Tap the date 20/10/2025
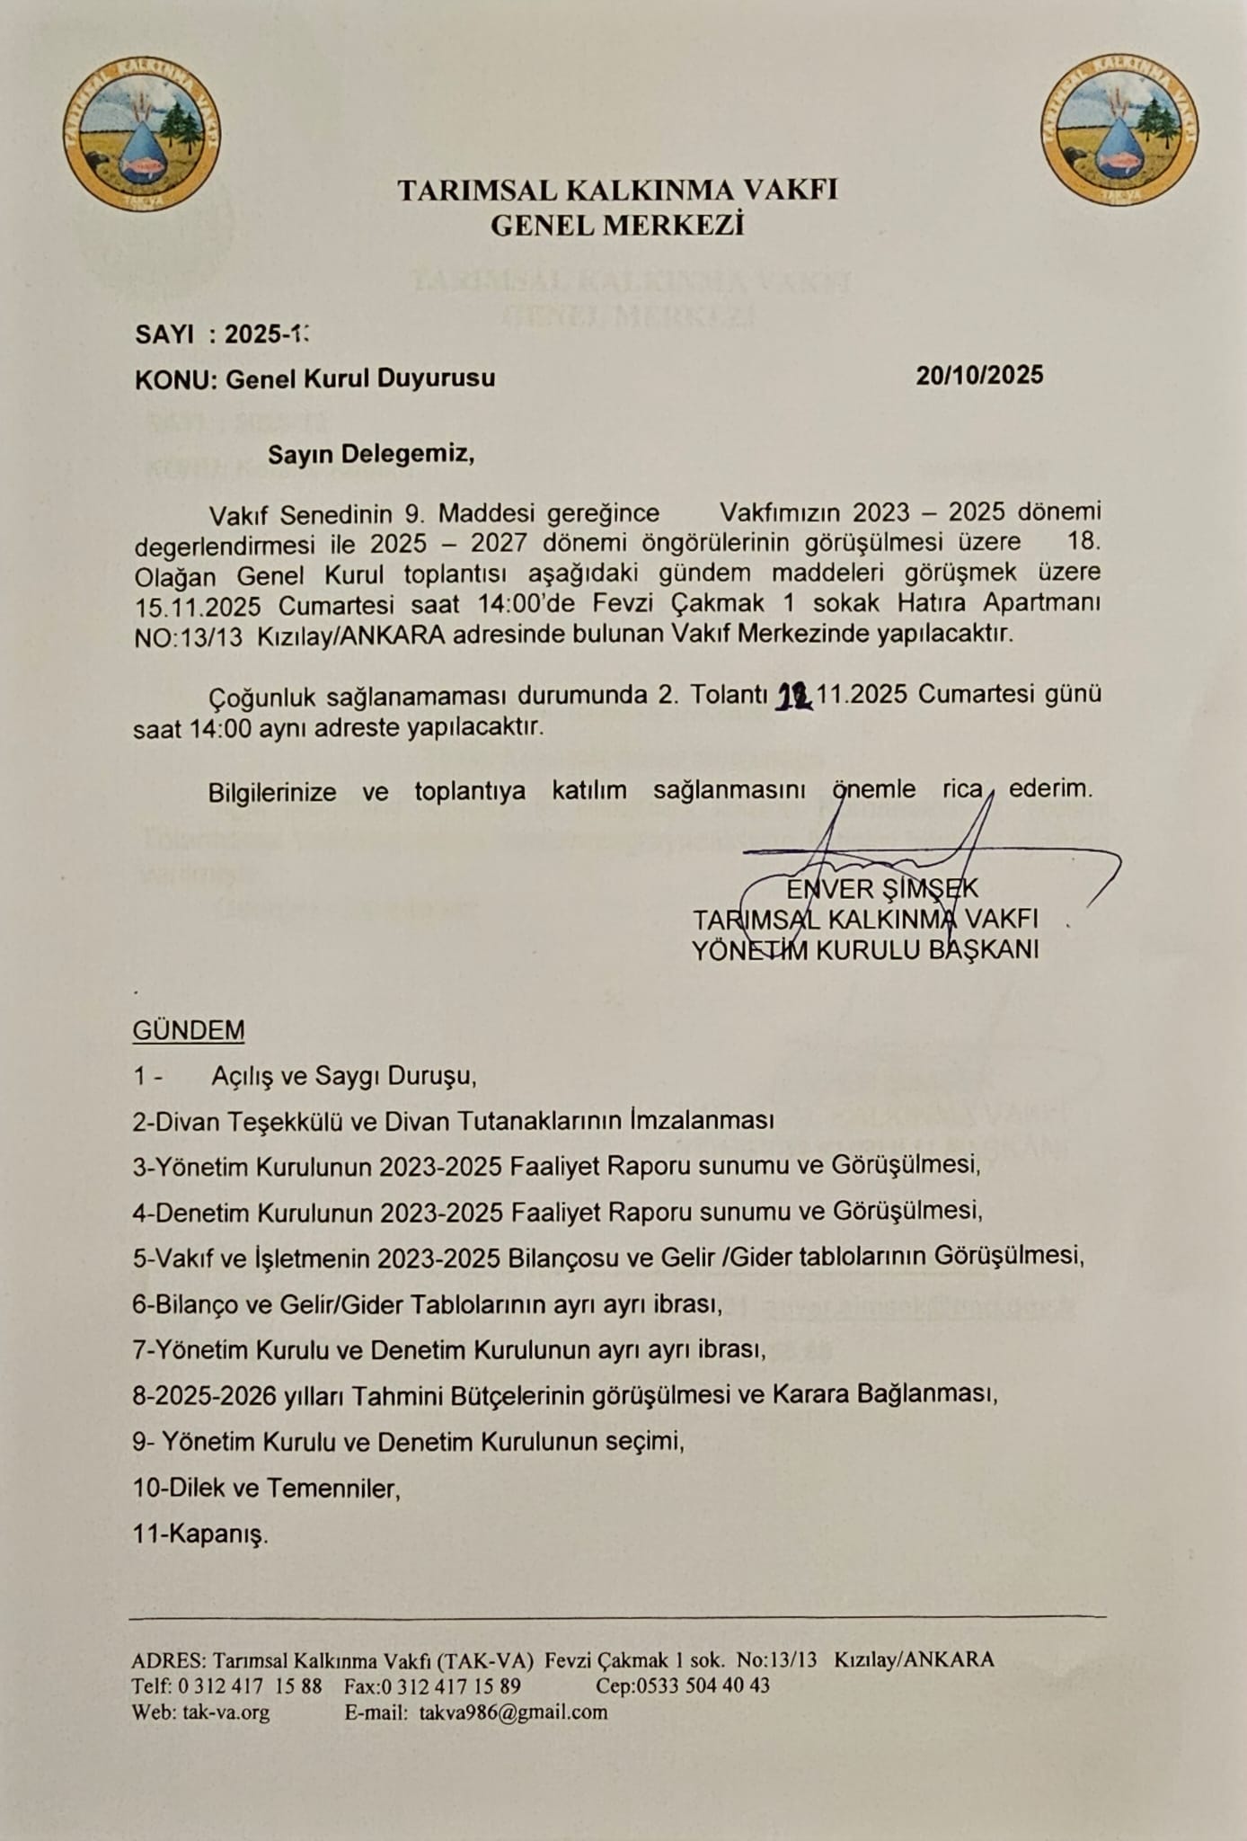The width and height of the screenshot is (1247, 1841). (979, 375)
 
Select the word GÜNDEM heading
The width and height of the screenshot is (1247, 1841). (189, 1030)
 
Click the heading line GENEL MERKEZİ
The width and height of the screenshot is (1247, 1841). (617, 225)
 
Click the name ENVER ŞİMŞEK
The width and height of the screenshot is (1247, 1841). (881, 889)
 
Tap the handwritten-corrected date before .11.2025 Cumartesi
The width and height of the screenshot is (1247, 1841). (794, 696)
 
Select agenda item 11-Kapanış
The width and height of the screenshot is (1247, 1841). (200, 1534)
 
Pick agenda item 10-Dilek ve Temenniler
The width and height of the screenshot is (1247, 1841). (266, 1489)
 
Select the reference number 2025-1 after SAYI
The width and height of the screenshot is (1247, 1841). (266, 334)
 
